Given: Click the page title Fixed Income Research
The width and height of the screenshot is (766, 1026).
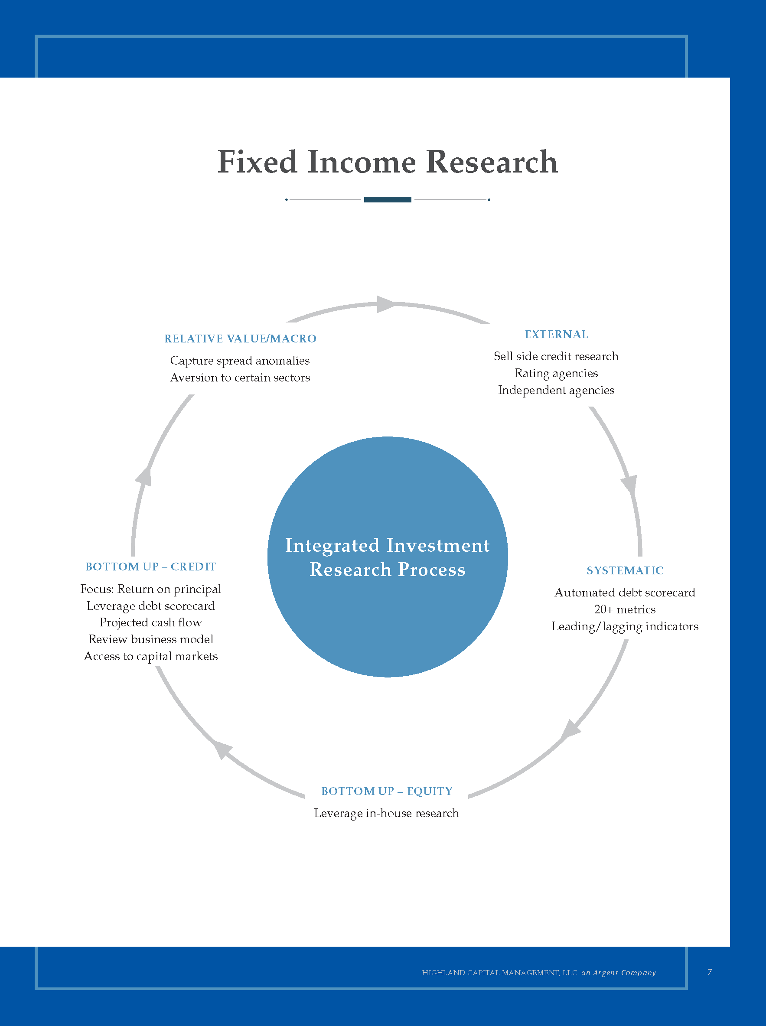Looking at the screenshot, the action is coord(387,162).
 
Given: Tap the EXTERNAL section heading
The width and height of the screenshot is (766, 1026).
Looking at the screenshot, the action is coord(557,334).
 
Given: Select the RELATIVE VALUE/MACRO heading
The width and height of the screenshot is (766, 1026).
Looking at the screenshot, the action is coord(240,339).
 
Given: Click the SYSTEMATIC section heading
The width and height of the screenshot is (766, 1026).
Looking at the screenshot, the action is coord(625,570).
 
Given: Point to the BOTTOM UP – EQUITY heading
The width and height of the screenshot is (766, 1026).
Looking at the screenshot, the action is coord(387,791).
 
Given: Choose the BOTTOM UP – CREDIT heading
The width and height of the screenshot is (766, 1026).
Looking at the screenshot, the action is coord(151,567).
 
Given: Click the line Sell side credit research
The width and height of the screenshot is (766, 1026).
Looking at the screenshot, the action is coord(556,356).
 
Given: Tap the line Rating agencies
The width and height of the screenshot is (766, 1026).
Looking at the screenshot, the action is coord(556,373).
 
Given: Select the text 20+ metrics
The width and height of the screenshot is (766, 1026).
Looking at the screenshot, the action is coord(625,609).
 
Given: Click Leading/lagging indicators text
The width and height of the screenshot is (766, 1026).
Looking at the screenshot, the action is coord(625,626).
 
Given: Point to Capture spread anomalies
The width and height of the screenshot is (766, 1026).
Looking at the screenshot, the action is coord(240,360).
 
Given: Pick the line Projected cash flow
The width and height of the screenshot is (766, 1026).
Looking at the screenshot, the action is coord(151,622).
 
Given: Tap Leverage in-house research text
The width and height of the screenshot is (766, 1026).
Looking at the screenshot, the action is coord(386,813).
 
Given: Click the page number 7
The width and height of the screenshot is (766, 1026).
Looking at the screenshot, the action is coord(710,972).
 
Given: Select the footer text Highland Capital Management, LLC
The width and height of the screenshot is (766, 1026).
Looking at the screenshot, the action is coord(499,973).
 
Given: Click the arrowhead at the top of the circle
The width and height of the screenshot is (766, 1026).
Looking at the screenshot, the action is coord(386,304).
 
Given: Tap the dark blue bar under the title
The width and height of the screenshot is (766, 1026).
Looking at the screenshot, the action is coord(387,199).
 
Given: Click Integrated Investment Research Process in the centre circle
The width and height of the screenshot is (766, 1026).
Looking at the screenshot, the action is coord(387,557).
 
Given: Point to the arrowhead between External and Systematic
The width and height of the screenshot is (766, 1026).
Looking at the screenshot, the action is coord(630,484).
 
